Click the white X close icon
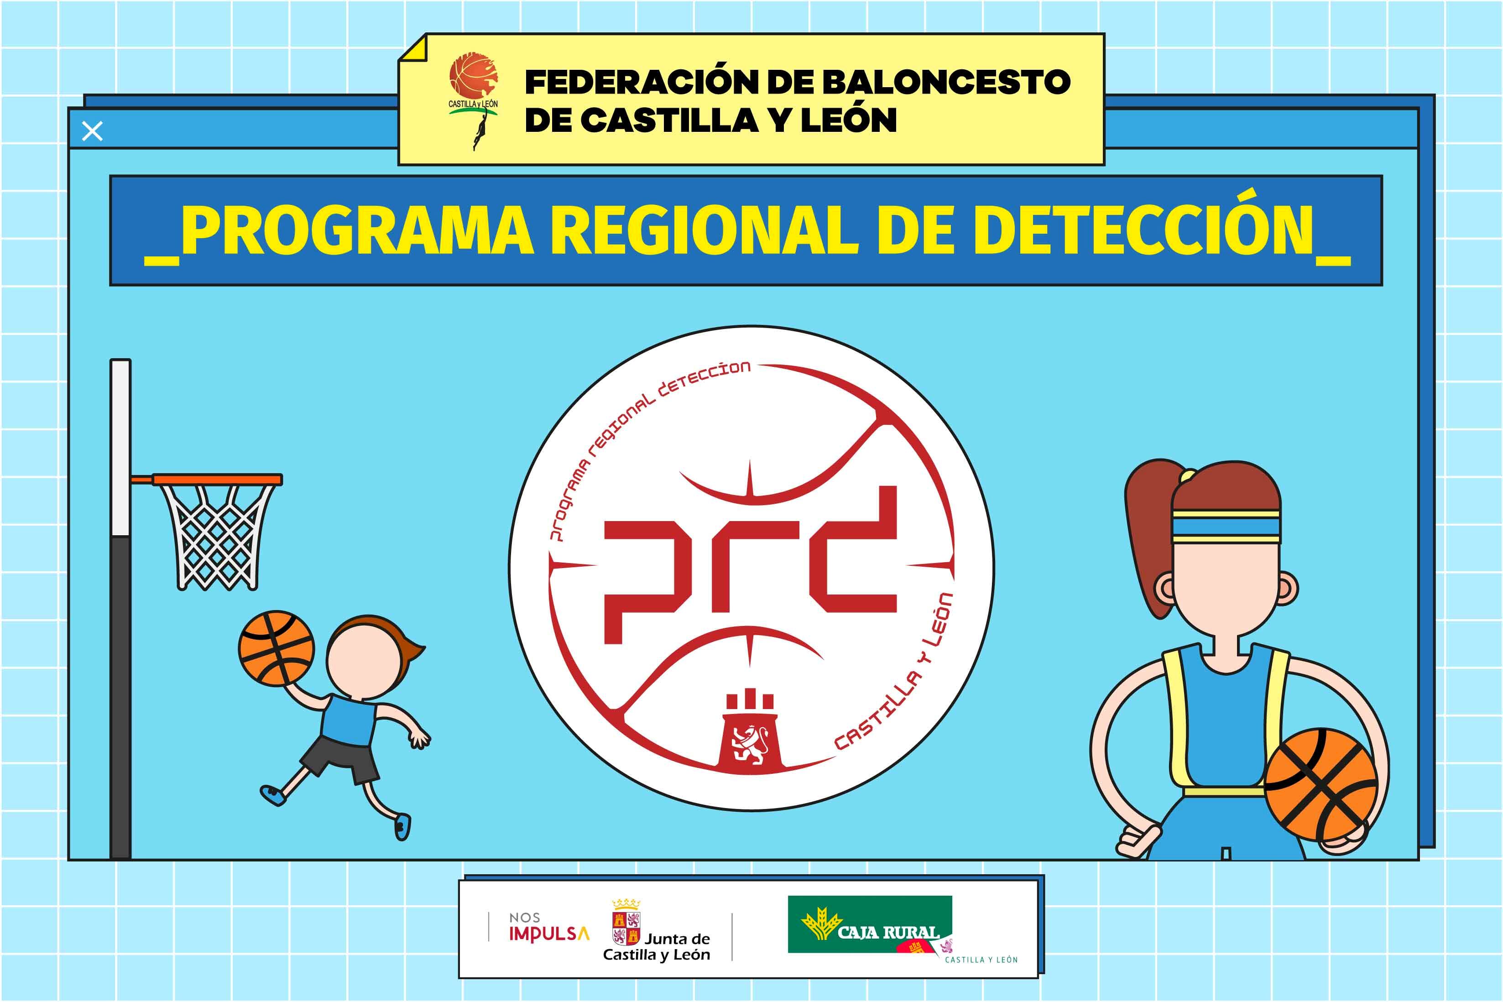93,132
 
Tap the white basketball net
217,537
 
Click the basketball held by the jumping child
277,648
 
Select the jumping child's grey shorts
339,761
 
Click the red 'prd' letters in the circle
751,565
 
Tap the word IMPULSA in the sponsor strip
548,934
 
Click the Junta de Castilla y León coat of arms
626,927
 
